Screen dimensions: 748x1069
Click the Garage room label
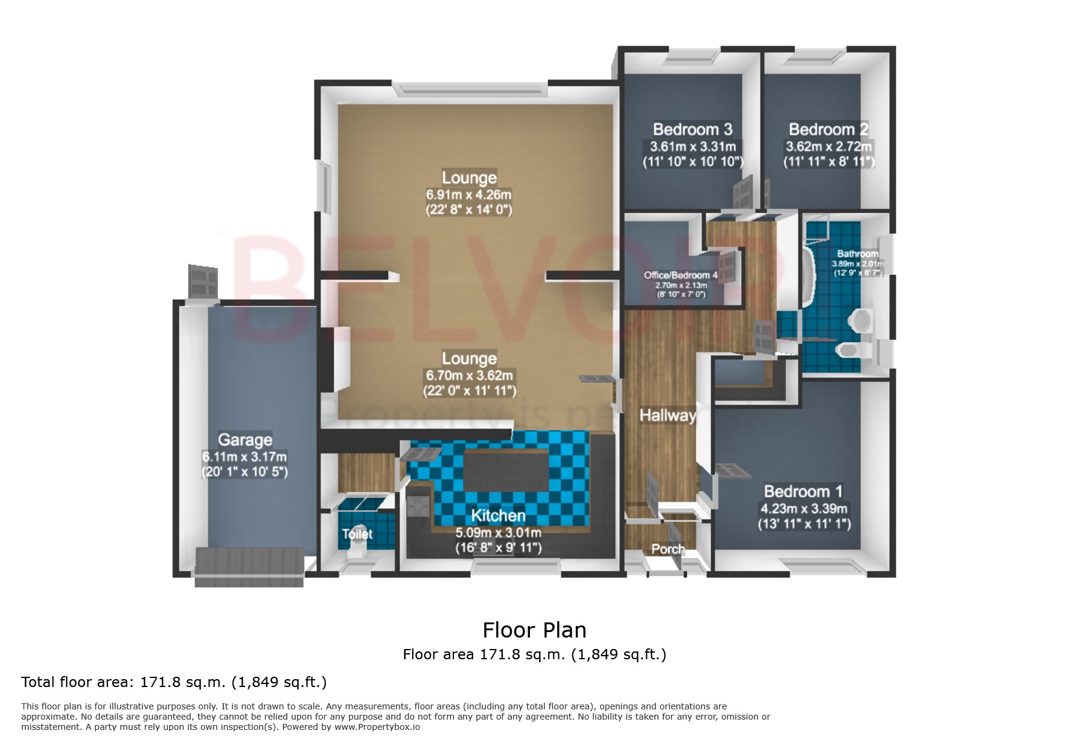pos(244,440)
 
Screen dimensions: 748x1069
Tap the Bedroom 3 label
pos(692,129)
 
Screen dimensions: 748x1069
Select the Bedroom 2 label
pos(828,129)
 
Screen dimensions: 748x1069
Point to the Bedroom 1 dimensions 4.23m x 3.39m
pos(803,509)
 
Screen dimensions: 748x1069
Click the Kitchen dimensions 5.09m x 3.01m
pos(498,533)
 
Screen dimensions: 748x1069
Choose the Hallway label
pos(668,415)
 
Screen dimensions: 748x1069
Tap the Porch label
pos(668,549)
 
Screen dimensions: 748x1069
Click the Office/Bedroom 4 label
pos(680,275)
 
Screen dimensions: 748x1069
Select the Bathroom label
pos(857,254)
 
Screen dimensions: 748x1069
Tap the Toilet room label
pos(357,534)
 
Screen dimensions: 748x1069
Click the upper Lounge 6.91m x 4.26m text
pos(468,195)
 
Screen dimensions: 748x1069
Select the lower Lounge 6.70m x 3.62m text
pos(469,376)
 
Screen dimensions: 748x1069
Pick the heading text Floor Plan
pos(534,630)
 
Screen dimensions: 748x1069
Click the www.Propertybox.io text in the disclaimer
pos(377,727)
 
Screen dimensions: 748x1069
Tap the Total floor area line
pos(174,682)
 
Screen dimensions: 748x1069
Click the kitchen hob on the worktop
pos(418,505)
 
